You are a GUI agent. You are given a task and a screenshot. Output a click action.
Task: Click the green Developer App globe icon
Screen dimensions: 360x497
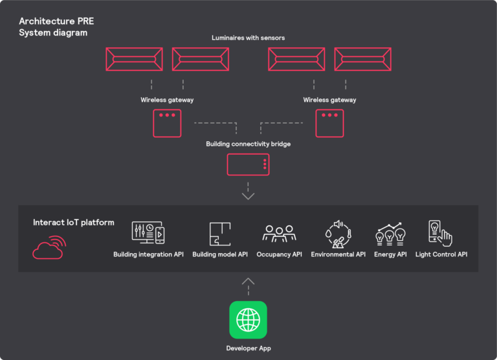pyautogui.click(x=248, y=319)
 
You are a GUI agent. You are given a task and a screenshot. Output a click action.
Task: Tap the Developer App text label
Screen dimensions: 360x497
pyautogui.click(x=248, y=348)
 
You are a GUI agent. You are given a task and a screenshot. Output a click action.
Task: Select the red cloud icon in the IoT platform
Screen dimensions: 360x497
pyautogui.click(x=49, y=247)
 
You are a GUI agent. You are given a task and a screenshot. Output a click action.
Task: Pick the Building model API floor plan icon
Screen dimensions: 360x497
pyautogui.click(x=220, y=234)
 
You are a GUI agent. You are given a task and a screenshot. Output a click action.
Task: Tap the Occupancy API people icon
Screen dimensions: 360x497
pyautogui.click(x=279, y=234)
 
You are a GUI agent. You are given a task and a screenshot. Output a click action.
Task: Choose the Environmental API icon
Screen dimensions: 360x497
pyautogui.click(x=338, y=234)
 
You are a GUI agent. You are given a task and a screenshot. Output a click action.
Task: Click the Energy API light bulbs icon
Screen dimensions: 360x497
pyautogui.click(x=390, y=234)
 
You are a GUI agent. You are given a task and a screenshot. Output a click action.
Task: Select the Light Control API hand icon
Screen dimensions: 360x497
pyautogui.click(x=440, y=234)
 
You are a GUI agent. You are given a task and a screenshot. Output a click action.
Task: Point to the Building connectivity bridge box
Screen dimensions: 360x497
pyautogui.click(x=248, y=164)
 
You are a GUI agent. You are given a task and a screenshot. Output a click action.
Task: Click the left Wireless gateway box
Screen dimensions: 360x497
pyautogui.click(x=167, y=123)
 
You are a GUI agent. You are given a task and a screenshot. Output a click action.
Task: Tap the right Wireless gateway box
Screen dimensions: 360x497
pyautogui.click(x=329, y=123)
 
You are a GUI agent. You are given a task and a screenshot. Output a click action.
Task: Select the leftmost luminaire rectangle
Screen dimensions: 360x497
pyautogui.click(x=135, y=59)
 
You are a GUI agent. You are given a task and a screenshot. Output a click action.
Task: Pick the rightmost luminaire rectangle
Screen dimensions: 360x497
pyautogui.click(x=362, y=59)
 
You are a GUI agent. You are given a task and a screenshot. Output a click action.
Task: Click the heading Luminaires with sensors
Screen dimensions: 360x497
pyautogui.click(x=248, y=38)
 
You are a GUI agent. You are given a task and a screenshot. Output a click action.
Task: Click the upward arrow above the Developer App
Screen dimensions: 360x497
pyautogui.click(x=248, y=282)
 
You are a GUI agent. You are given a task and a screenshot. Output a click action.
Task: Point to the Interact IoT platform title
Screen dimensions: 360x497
pyautogui.click(x=74, y=223)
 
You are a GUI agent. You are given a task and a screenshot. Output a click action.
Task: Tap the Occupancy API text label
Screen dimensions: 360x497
pyautogui.click(x=279, y=254)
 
